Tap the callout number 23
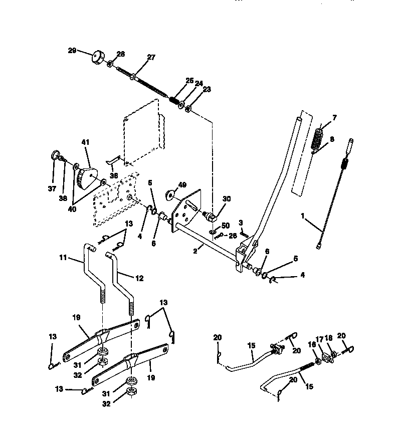pyautogui.click(x=193, y=89)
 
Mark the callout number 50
pyautogui.click(x=225, y=227)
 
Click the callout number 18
pyautogui.click(x=330, y=339)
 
